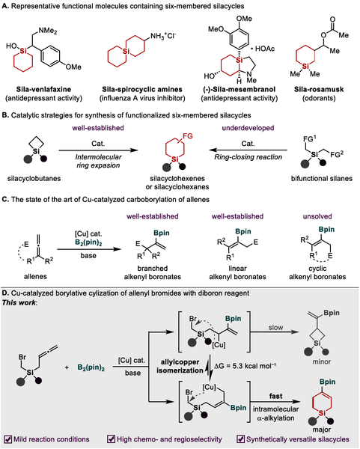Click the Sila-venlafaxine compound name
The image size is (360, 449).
43,89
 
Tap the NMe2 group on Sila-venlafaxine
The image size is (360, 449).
48,31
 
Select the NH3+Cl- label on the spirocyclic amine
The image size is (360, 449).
162,36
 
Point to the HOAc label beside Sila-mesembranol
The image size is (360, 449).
263,49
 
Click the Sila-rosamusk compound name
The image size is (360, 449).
319,89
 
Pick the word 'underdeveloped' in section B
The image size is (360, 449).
248,128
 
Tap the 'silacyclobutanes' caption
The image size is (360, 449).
34,178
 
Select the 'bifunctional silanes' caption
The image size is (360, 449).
322,178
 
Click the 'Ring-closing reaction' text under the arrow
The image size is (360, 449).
248,157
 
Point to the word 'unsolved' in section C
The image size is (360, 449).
317,216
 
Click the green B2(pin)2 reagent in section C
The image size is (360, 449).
88,243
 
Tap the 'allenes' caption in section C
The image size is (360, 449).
35,276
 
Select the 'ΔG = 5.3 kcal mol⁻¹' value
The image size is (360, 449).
245,366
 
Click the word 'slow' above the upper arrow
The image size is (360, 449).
275,327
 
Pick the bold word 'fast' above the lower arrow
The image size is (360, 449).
275,396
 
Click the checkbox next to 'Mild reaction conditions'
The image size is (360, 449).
7,439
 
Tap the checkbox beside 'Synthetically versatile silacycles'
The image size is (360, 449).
241,439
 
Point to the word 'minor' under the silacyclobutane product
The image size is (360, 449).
322,361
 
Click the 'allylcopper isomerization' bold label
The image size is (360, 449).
180,366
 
